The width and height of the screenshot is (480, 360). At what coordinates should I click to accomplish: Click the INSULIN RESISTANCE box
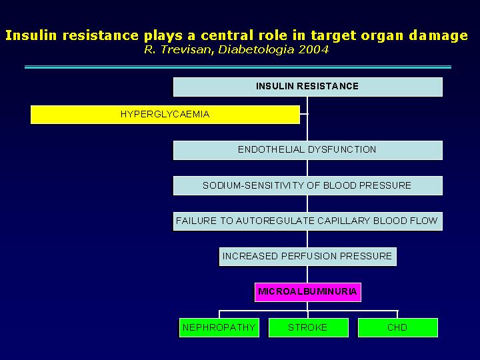click(x=307, y=87)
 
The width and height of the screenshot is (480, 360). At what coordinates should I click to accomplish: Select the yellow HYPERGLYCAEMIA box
click(x=165, y=115)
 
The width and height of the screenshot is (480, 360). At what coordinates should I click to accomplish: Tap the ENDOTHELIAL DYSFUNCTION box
click(x=307, y=150)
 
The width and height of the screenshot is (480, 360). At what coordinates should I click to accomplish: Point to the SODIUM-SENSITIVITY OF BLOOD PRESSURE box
click(x=307, y=185)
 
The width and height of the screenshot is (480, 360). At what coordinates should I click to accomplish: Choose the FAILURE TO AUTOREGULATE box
click(x=307, y=221)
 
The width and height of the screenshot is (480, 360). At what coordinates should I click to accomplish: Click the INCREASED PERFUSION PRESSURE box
click(x=307, y=257)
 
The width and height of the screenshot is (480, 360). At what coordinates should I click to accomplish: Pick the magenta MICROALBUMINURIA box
click(x=307, y=292)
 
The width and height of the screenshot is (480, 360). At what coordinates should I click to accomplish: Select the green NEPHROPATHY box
click(x=219, y=327)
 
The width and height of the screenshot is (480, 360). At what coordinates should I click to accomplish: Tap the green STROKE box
click(x=308, y=327)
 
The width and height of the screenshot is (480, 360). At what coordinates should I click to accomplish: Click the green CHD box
click(x=397, y=327)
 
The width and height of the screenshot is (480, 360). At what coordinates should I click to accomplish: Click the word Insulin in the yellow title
click(x=31, y=35)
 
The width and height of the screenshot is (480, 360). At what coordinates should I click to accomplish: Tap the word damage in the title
click(x=439, y=36)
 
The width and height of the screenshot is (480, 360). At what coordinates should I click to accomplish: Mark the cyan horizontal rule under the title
click(x=238, y=67)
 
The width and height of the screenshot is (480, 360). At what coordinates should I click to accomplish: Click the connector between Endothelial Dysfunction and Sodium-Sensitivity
click(x=307, y=168)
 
